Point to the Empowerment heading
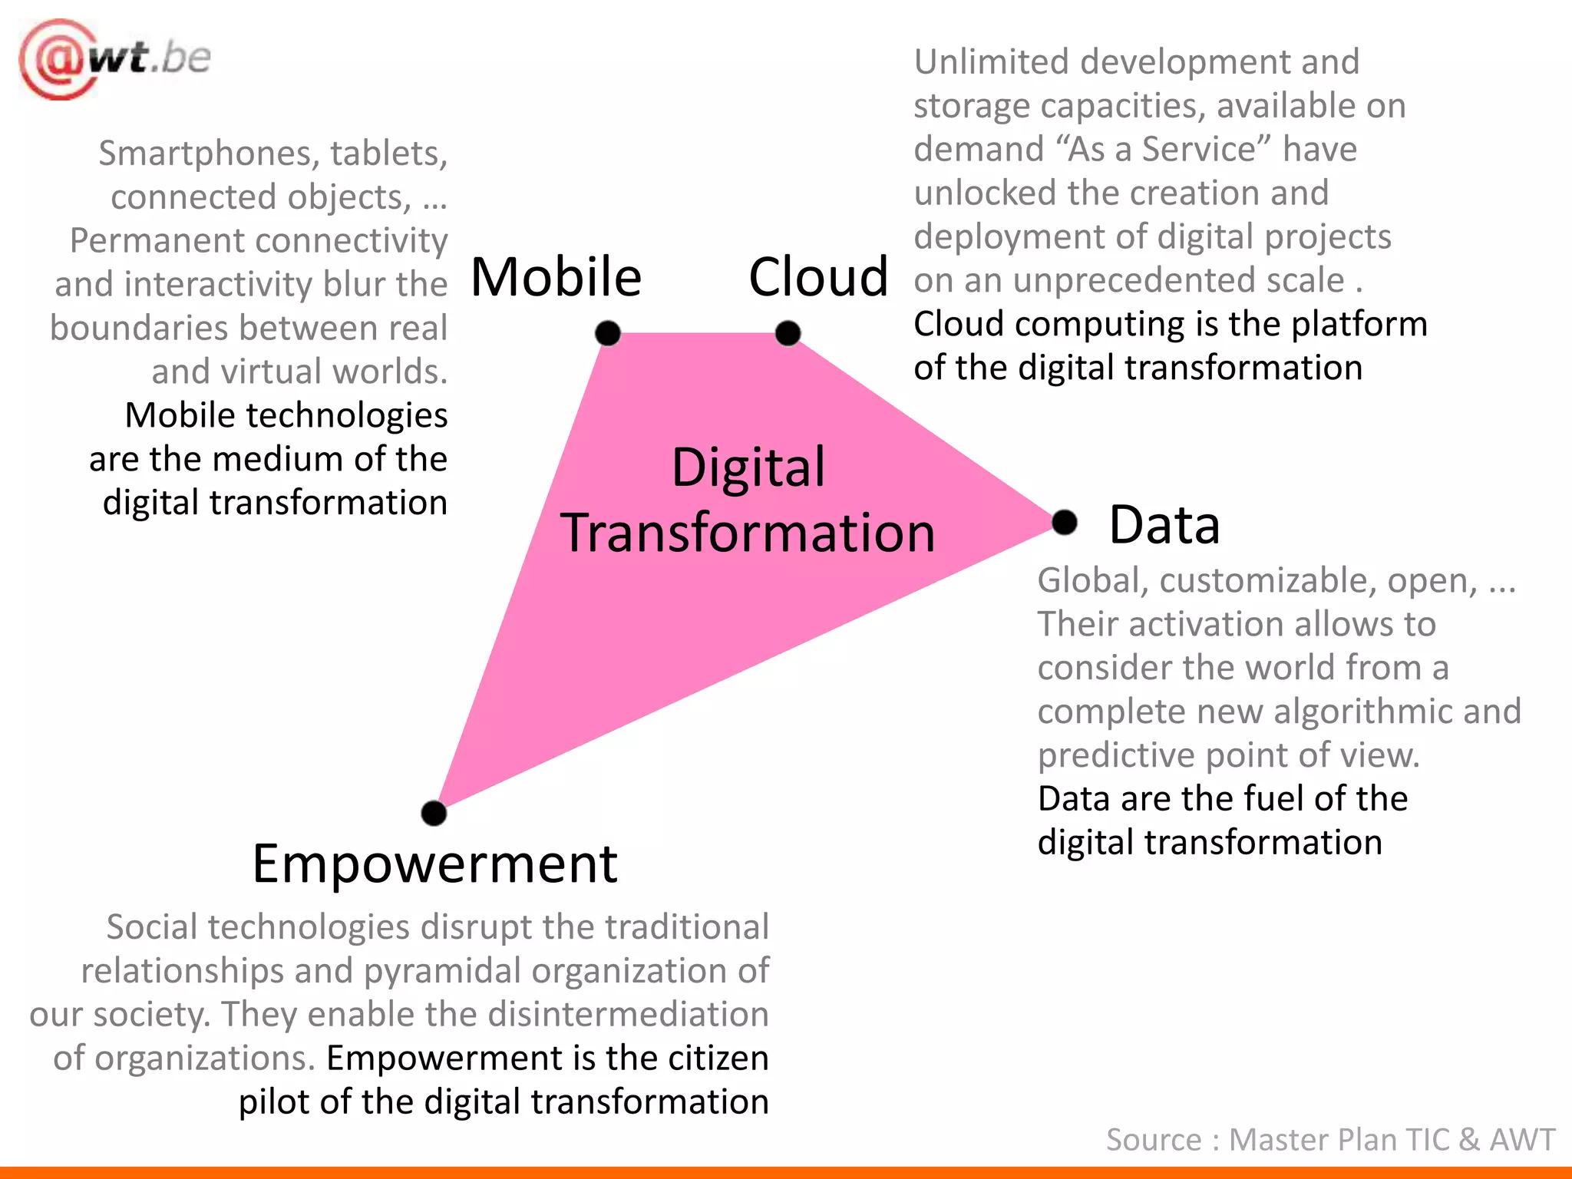click(x=434, y=864)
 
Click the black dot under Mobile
click(x=608, y=333)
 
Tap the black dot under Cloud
click(x=788, y=333)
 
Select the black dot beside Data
click(x=1065, y=523)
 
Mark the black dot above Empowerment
click(x=434, y=813)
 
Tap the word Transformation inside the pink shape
click(x=748, y=533)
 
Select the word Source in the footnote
click(x=1153, y=1140)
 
